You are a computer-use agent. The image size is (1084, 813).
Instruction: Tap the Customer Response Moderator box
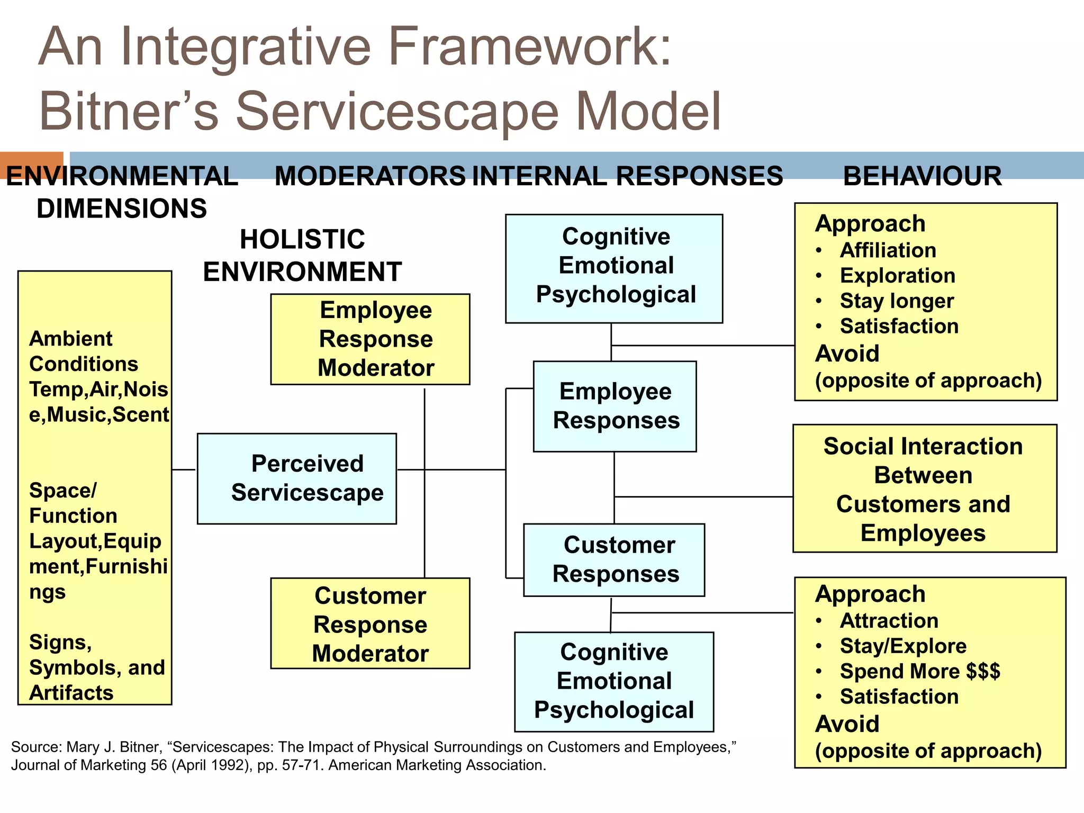[370, 624]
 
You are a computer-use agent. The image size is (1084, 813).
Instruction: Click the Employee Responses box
[615, 406]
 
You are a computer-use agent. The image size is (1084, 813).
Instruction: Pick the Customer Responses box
[614, 560]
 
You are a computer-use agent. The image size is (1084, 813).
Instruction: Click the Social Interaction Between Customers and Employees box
[924, 489]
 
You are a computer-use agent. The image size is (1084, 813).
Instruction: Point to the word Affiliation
[888, 250]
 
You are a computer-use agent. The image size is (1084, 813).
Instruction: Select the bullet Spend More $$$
[919, 671]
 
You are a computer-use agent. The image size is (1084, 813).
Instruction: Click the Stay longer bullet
[896, 301]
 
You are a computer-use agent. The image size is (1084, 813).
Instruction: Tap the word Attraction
[889, 620]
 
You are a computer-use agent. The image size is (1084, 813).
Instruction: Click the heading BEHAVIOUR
[922, 176]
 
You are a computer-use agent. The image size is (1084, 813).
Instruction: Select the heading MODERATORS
[370, 176]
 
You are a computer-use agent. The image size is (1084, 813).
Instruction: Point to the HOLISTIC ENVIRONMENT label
[302, 256]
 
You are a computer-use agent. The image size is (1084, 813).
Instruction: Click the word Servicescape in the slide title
[397, 111]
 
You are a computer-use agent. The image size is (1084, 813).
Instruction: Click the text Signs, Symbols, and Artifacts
[95, 667]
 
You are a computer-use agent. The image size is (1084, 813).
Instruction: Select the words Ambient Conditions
[83, 351]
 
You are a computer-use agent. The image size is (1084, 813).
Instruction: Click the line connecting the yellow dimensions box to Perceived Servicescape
[184, 469]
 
